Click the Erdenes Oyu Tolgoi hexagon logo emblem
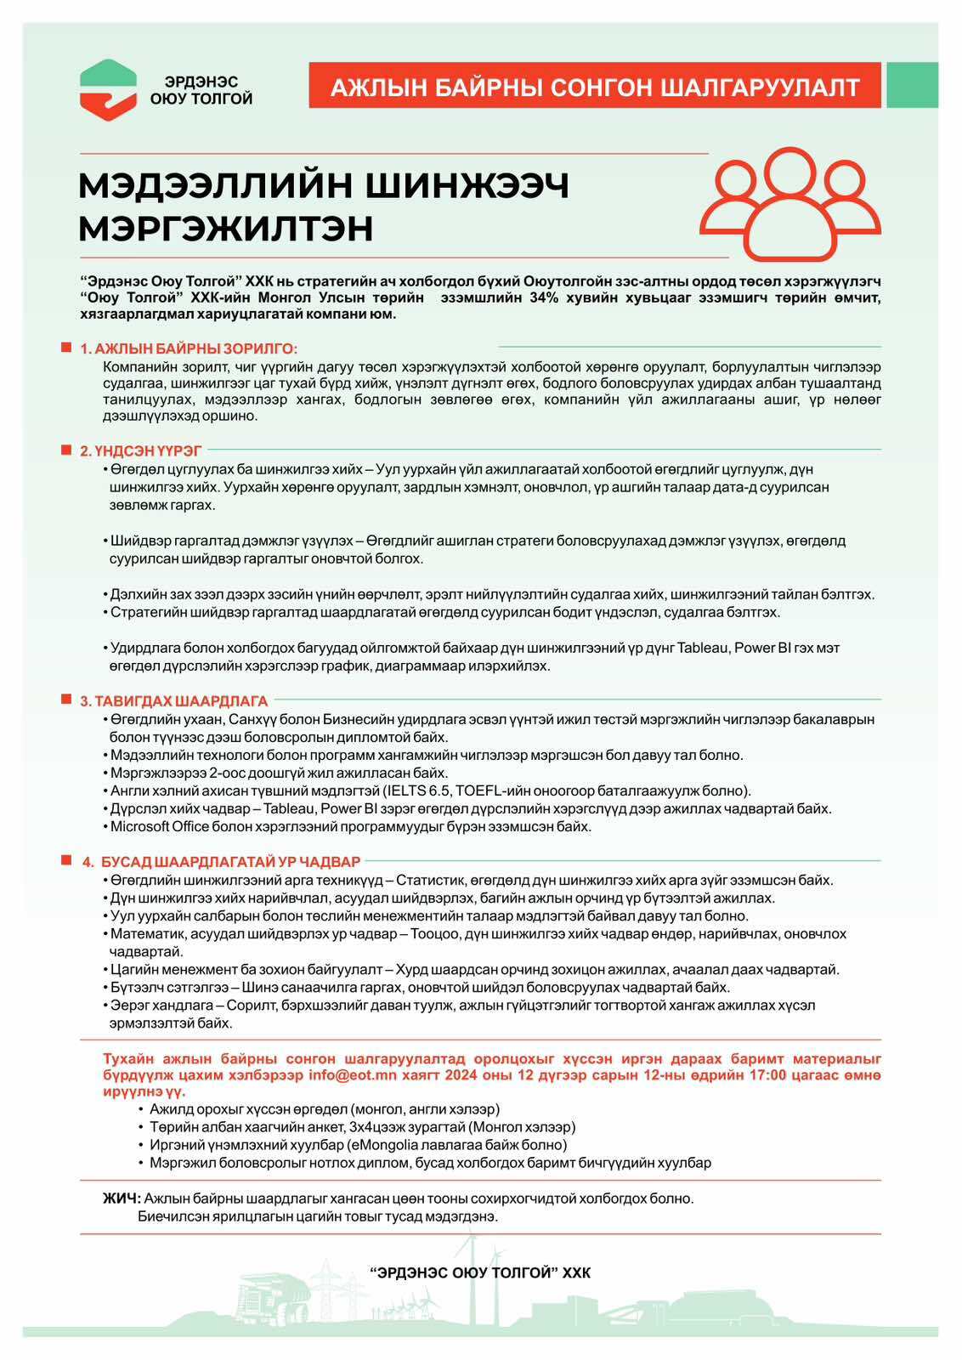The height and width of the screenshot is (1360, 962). click(108, 89)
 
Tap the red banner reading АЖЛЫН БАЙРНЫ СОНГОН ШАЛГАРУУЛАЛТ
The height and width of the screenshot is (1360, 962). click(595, 86)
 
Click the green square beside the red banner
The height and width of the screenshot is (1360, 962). click(912, 85)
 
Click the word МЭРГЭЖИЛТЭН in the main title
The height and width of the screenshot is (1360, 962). click(226, 228)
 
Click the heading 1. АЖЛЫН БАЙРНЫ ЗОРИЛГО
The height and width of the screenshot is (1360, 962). click(189, 349)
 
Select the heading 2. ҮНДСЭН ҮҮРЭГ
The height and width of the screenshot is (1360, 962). click(141, 450)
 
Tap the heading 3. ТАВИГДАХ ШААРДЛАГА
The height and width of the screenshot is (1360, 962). click(173, 701)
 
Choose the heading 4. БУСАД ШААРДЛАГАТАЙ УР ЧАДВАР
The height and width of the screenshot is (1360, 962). click(221, 862)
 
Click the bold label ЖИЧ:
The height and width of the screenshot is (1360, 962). click(122, 1198)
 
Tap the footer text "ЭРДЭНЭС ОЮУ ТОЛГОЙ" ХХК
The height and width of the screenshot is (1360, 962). click(480, 1272)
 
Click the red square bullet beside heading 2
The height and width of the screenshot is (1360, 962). click(65, 449)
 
